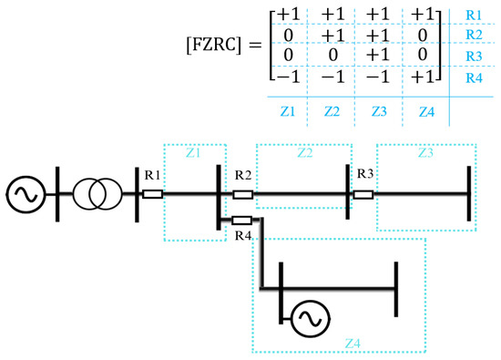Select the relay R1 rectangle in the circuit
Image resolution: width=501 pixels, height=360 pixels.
[x=152, y=193]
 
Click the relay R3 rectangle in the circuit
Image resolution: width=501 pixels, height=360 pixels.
[x=363, y=193]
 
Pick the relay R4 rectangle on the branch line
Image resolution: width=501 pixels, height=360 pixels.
[x=241, y=220]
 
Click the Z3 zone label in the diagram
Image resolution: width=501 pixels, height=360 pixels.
[x=425, y=154]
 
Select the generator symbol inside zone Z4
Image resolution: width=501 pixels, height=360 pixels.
[x=311, y=317]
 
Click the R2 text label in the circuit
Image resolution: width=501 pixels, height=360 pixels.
[x=242, y=174]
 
